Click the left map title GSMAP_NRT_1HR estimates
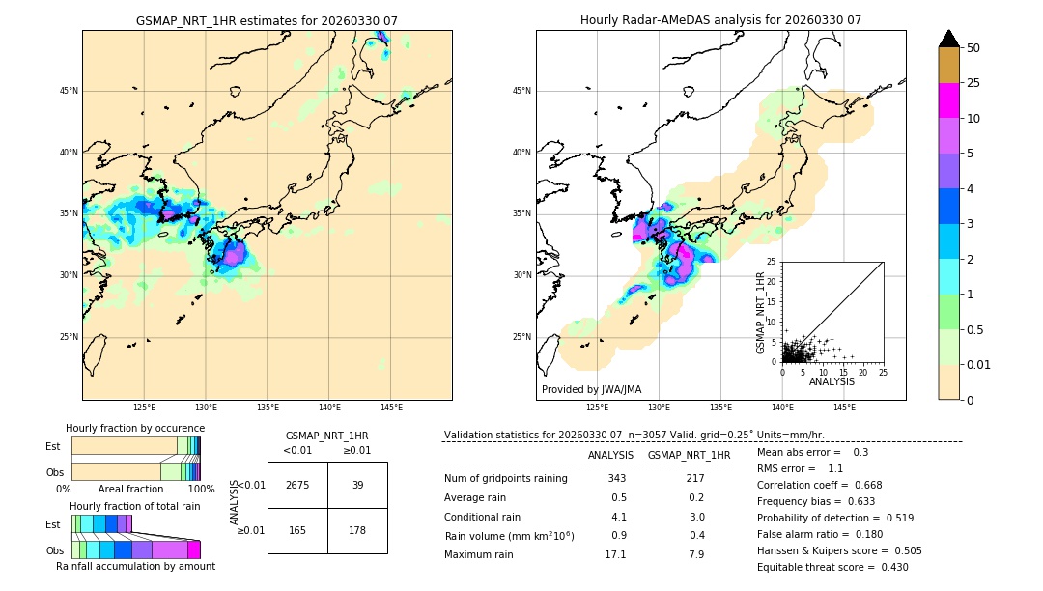tap(267, 20)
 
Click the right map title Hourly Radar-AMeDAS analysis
tap(720, 20)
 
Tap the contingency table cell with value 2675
tap(297, 485)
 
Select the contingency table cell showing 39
tap(357, 485)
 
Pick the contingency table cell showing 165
tap(297, 530)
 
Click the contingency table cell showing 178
tap(357, 530)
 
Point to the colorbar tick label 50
tap(973, 48)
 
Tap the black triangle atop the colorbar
tap(948, 39)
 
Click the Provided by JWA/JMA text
tap(591, 390)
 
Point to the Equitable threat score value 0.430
tap(888, 567)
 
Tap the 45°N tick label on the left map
tap(68, 91)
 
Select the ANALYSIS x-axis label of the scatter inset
tap(832, 381)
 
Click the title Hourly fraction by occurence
tap(135, 428)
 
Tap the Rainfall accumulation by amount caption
tap(135, 566)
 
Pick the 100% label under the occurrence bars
tap(200, 489)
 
